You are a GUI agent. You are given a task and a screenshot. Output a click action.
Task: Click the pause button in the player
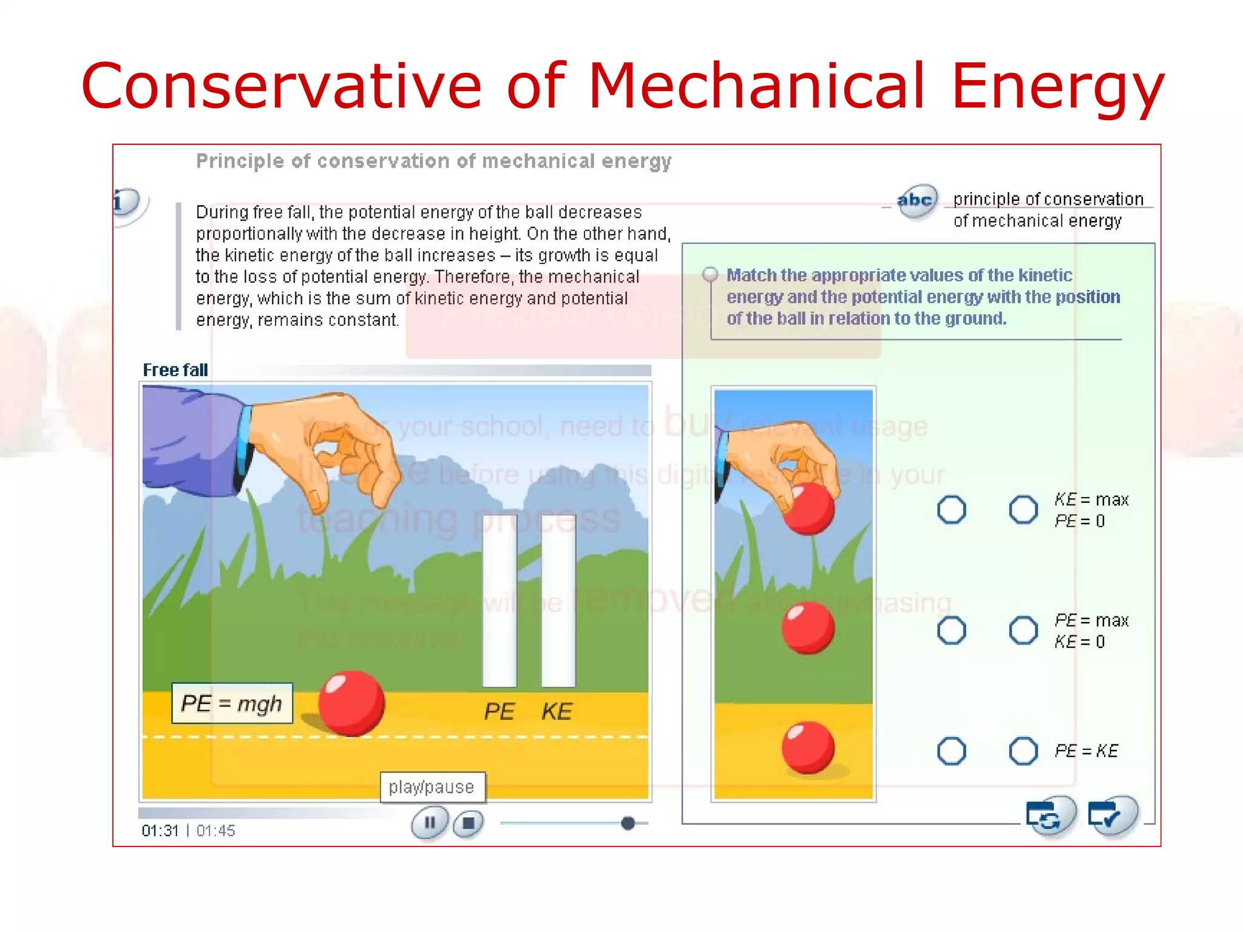point(430,823)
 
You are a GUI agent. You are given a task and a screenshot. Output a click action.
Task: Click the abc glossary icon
point(916,201)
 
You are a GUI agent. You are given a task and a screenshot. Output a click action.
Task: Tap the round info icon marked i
point(126,202)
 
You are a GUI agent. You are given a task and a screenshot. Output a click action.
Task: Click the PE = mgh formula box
point(232,704)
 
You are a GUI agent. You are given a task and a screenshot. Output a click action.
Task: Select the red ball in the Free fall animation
point(351,703)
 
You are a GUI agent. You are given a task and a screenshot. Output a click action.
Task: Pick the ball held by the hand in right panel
point(808,508)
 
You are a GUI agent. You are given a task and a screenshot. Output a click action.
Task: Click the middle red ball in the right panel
point(808,628)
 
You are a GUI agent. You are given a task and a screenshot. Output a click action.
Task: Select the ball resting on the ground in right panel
point(808,748)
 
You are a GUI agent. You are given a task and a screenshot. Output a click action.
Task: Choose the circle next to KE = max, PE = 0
point(1023,510)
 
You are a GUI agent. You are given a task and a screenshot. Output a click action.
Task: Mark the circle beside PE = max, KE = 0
point(1023,630)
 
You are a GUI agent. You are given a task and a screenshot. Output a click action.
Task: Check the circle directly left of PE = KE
point(1023,751)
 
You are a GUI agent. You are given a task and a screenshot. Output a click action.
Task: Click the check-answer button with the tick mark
point(1112,815)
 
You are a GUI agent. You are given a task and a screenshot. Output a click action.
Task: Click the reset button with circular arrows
point(1049,815)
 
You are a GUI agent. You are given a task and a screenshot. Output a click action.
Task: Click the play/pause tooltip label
point(432,787)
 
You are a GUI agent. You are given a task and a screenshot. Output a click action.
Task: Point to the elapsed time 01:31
point(160,831)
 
